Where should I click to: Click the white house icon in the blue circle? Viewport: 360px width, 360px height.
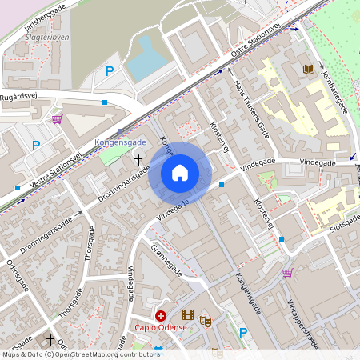point(180,172)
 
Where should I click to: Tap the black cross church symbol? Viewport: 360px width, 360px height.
point(138,161)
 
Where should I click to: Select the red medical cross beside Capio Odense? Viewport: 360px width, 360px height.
point(161,316)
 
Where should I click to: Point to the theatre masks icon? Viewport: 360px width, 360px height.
point(205,321)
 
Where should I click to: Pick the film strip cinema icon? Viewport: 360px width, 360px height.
point(188,315)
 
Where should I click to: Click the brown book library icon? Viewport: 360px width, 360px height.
point(308,70)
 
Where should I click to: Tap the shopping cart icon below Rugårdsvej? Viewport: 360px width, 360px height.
point(57,119)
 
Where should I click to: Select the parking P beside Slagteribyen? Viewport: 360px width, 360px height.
point(110,71)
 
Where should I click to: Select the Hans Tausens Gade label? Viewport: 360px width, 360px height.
point(249,104)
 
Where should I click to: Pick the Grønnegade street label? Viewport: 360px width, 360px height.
point(166,261)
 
